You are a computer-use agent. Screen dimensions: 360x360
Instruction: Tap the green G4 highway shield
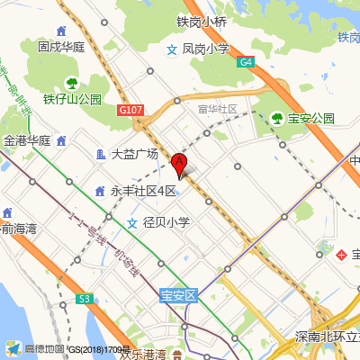tap(247, 62)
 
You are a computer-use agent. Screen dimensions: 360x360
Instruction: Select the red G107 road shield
tap(130, 110)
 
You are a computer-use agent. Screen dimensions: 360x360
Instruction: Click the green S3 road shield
tap(85, 297)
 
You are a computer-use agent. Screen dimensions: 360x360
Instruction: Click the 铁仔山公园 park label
tap(72, 99)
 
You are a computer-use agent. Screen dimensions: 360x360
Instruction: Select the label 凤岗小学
tap(205, 49)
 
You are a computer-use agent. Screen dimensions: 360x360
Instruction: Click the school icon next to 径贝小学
tap(132, 222)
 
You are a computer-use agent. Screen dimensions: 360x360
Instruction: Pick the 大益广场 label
tap(134, 154)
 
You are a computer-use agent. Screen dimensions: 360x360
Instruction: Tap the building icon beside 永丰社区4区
tap(100, 191)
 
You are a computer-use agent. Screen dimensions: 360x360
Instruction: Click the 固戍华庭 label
tap(60, 45)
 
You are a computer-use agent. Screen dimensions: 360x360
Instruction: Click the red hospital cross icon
tap(342, 256)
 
